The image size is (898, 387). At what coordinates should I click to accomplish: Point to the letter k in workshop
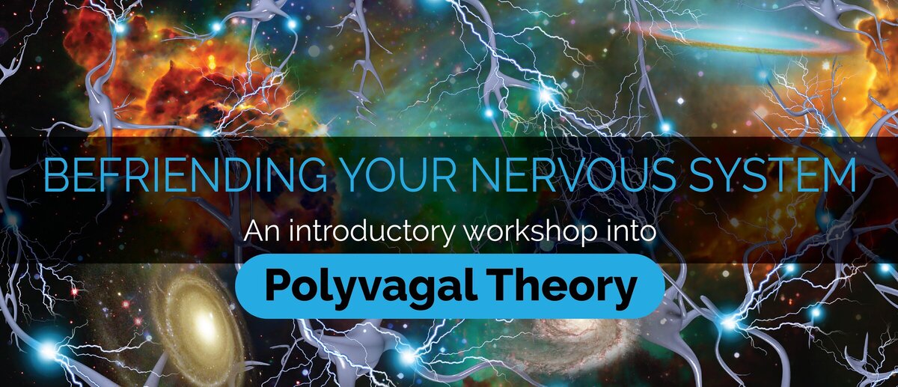[x=523, y=231]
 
